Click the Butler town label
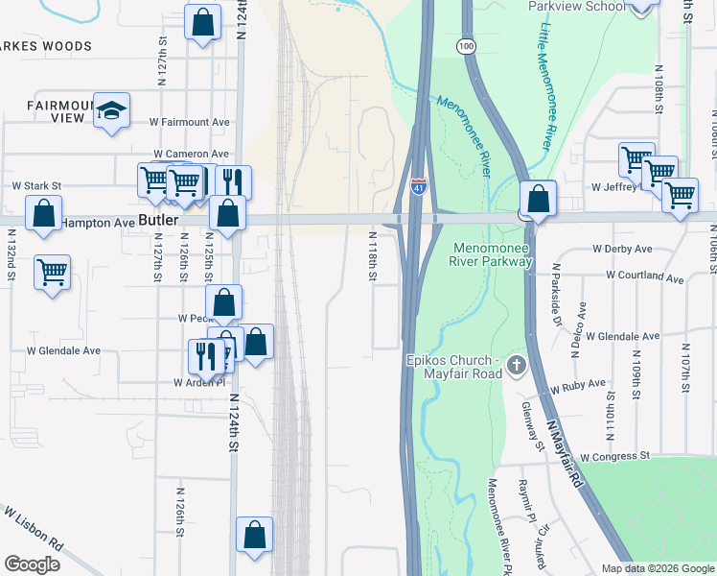(x=159, y=220)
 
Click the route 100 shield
(x=466, y=46)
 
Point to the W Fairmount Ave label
(x=190, y=123)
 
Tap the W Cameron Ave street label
(x=191, y=154)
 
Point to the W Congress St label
(x=614, y=456)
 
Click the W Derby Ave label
(x=622, y=249)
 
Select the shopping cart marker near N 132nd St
(x=52, y=272)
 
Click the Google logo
(x=32, y=564)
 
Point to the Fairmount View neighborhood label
(x=57, y=111)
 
